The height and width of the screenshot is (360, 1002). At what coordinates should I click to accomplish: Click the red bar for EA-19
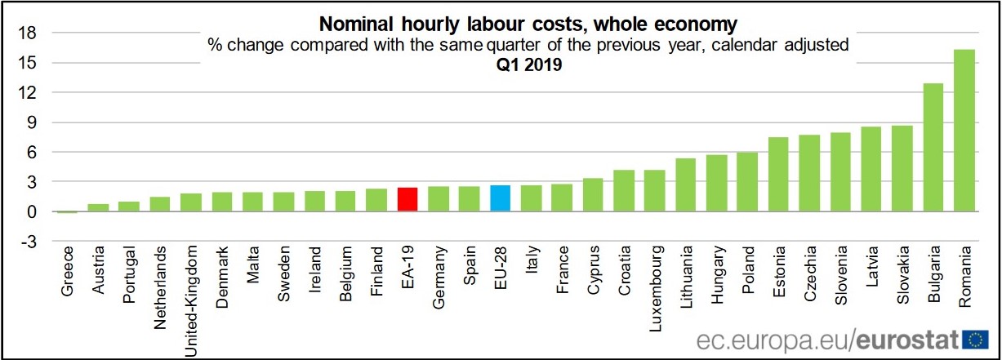[407, 199]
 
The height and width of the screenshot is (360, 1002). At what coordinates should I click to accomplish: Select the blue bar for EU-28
[501, 198]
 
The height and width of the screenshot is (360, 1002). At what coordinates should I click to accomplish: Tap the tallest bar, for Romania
[964, 131]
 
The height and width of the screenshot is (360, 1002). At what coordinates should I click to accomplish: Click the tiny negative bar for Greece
[67, 212]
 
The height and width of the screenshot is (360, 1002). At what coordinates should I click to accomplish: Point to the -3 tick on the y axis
[27, 242]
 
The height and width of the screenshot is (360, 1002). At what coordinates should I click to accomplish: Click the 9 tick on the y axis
[29, 122]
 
